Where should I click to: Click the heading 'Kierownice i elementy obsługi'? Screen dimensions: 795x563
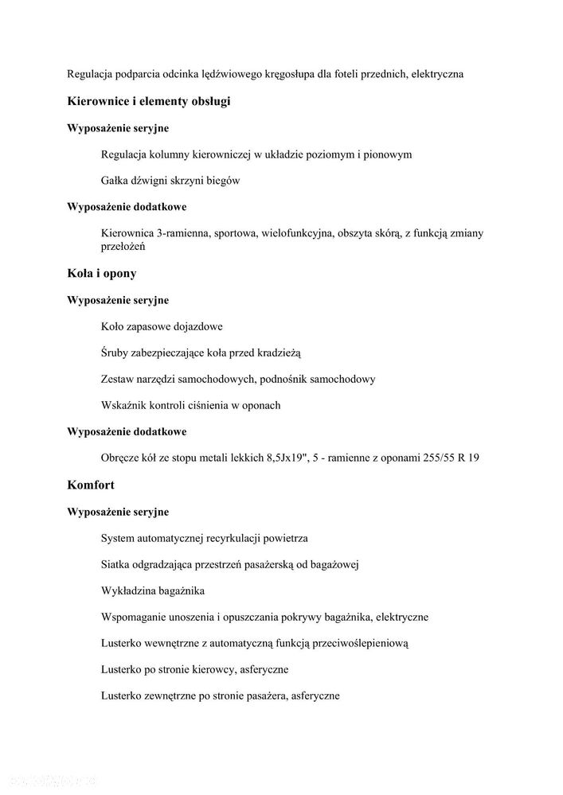pos(149,101)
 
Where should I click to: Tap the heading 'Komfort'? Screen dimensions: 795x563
pos(91,484)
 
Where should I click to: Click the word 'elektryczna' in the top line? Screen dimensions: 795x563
pos(438,74)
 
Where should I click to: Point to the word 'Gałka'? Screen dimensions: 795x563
pos(116,181)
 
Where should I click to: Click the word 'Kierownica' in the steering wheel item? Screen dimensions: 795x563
pos(128,233)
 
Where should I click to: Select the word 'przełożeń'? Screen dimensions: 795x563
pos(123,247)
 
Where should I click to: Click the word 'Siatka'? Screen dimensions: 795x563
pos(116,564)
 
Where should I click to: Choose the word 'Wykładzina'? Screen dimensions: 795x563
pos(131,590)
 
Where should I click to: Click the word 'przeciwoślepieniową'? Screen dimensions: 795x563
pos(358,643)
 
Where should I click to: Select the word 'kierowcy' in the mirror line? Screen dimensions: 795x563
pos(202,669)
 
